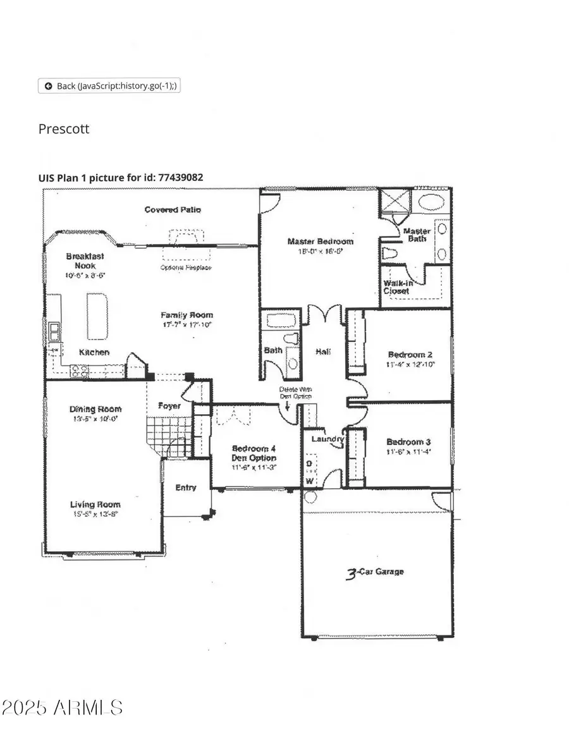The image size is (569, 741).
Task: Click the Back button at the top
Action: click(x=109, y=86)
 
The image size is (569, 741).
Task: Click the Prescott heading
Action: click(x=64, y=129)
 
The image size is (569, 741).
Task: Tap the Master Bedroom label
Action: click(x=320, y=242)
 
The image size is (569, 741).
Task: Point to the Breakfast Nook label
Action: click(x=85, y=261)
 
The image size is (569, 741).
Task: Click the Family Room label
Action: click(x=187, y=315)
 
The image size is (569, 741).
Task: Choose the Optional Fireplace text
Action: click(x=185, y=267)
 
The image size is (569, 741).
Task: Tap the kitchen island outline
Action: click(x=97, y=316)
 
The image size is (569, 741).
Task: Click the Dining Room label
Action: click(x=95, y=409)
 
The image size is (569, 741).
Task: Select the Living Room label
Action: click(x=95, y=505)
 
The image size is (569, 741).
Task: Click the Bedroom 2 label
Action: click(x=405, y=355)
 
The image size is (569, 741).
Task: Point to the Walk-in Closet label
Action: click(x=397, y=287)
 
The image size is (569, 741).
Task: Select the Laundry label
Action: click(x=327, y=439)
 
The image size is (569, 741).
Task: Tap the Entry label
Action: click(x=185, y=487)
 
